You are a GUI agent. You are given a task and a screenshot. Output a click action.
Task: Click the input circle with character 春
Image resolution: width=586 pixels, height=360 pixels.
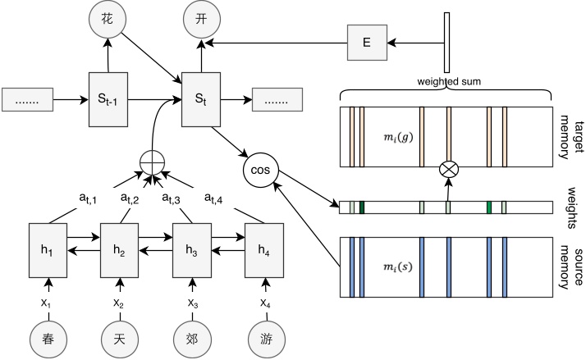47,338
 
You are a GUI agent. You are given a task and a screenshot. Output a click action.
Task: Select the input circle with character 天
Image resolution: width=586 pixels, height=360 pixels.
120,338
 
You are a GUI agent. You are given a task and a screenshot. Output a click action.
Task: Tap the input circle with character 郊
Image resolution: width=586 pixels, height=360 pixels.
192,338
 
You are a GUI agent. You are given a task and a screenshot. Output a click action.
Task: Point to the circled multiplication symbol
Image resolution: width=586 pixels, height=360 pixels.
448,169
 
